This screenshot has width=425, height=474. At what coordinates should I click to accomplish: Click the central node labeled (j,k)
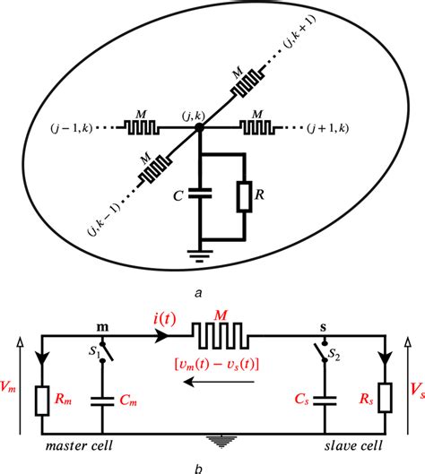[199, 128]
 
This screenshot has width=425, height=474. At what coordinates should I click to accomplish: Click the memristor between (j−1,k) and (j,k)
[142, 128]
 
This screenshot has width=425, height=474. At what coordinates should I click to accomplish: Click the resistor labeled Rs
[386, 398]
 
